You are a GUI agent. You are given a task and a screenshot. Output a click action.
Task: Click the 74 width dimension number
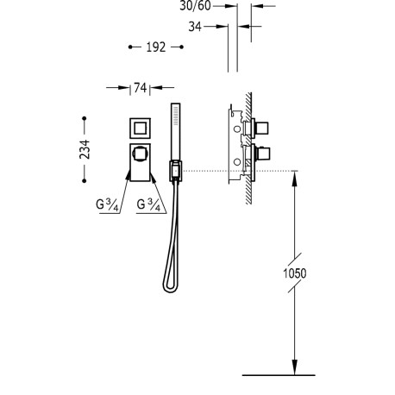(x=140, y=88)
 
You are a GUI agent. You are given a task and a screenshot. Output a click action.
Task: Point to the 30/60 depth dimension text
(x=195, y=5)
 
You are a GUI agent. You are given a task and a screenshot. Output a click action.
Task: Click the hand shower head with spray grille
(x=177, y=129)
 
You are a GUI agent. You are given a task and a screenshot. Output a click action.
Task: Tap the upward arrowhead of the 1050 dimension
(x=295, y=177)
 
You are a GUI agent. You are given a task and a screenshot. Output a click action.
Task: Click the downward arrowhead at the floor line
(x=295, y=369)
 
